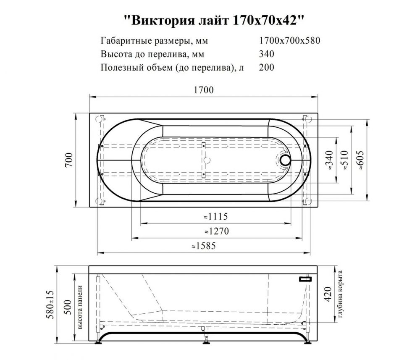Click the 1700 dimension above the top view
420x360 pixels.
point(204,90)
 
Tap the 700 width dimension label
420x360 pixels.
point(69,160)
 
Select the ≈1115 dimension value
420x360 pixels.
point(215,216)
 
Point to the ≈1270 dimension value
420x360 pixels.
point(217,231)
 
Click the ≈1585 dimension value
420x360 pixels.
point(204,246)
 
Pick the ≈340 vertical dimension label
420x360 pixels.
point(329,160)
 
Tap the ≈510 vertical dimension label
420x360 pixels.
point(344,160)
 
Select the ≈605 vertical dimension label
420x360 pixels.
point(360,160)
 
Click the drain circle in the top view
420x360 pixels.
point(285,160)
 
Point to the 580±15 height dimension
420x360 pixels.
point(51,305)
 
